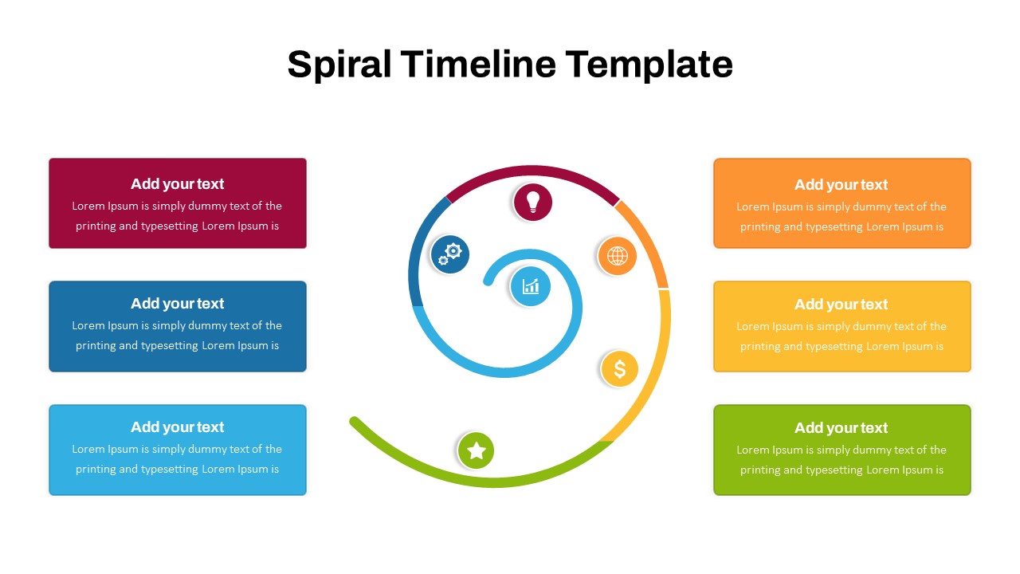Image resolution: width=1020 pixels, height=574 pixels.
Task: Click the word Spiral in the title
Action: pyautogui.click(x=339, y=65)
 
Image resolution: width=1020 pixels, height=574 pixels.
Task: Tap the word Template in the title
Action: pyautogui.click(x=649, y=65)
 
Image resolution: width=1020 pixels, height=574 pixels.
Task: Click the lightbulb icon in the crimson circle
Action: pyautogui.click(x=533, y=202)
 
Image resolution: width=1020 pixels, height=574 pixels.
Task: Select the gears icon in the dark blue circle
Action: pyautogui.click(x=450, y=254)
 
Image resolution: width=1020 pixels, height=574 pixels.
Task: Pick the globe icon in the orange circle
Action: pyautogui.click(x=617, y=256)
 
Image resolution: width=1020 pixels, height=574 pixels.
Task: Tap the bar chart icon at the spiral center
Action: pyautogui.click(x=531, y=286)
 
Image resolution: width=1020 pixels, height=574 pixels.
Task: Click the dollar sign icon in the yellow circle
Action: pyautogui.click(x=620, y=369)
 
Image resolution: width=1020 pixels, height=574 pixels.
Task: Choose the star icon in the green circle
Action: pyautogui.click(x=477, y=450)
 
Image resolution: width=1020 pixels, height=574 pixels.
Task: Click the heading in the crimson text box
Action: pyautogui.click(x=177, y=184)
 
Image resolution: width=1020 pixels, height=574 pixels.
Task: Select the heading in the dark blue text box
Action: pyautogui.click(x=177, y=304)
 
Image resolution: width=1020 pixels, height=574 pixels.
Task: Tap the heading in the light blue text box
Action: pyautogui.click(x=177, y=427)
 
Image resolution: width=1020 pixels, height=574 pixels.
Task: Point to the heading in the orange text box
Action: pyautogui.click(x=841, y=185)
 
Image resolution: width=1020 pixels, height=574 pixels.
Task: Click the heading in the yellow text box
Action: pyautogui.click(x=841, y=305)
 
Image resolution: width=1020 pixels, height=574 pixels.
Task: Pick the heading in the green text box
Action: pyautogui.click(x=841, y=428)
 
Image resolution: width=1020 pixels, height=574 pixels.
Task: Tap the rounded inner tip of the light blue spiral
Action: pyautogui.click(x=488, y=281)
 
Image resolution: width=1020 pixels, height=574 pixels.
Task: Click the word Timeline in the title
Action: pyautogui.click(x=478, y=65)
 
